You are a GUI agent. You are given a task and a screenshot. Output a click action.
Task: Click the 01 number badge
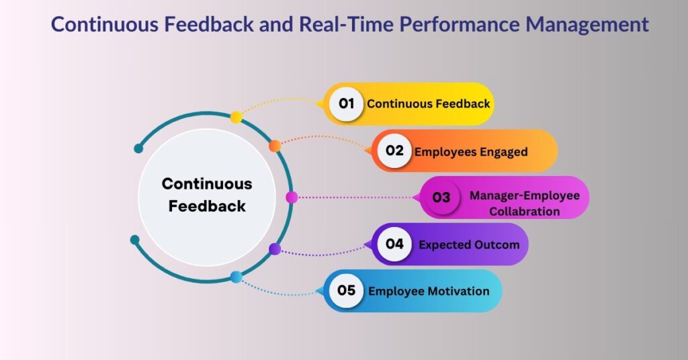tap(346, 104)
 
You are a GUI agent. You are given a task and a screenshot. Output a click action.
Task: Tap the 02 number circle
tap(394, 151)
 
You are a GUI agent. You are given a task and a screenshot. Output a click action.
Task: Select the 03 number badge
tap(441, 197)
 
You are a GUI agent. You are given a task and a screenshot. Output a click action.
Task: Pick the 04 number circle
tap(394, 244)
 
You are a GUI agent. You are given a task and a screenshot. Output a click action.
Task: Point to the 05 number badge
tap(346, 291)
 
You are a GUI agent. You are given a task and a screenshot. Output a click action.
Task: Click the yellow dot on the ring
tap(236, 118)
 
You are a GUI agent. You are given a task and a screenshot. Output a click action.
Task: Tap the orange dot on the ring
tap(275, 146)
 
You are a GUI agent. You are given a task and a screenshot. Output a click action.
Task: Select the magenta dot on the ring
tap(292, 197)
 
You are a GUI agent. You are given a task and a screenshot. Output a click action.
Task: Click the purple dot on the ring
tap(275, 249)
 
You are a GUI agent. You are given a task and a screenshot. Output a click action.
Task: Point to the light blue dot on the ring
tap(236, 277)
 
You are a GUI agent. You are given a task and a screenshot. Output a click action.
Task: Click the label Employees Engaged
tap(470, 152)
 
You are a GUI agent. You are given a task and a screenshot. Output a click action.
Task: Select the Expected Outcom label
tap(469, 245)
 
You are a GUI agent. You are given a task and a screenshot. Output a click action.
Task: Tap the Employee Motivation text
tap(429, 291)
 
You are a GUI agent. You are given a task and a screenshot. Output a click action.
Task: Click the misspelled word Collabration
tap(524, 212)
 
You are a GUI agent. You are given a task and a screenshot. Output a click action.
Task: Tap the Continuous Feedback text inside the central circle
tap(207, 195)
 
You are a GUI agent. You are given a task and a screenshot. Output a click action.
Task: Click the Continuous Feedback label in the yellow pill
tap(428, 104)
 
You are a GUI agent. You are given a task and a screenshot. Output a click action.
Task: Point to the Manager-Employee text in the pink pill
tap(524, 196)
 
